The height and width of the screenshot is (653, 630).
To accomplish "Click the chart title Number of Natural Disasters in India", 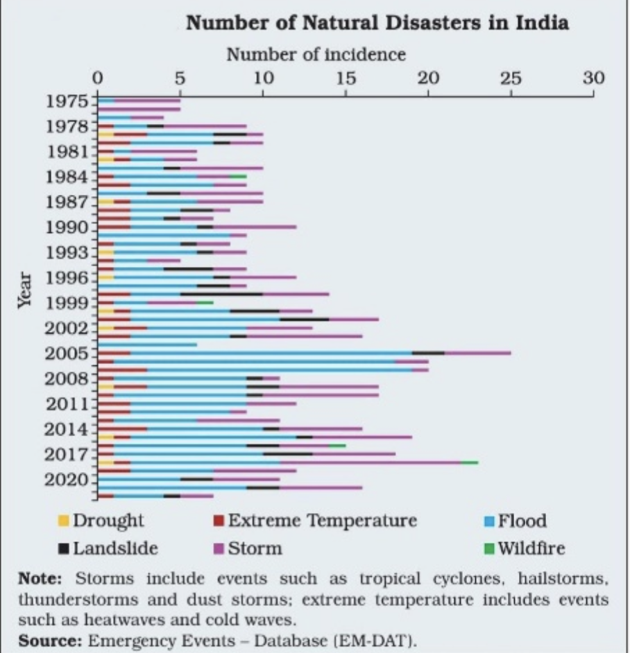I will [x=377, y=23].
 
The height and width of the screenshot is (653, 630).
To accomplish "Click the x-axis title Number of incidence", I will [x=316, y=53].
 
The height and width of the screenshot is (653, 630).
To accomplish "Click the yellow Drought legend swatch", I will [x=63, y=521].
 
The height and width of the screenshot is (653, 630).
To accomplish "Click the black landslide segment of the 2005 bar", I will [x=428, y=352].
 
